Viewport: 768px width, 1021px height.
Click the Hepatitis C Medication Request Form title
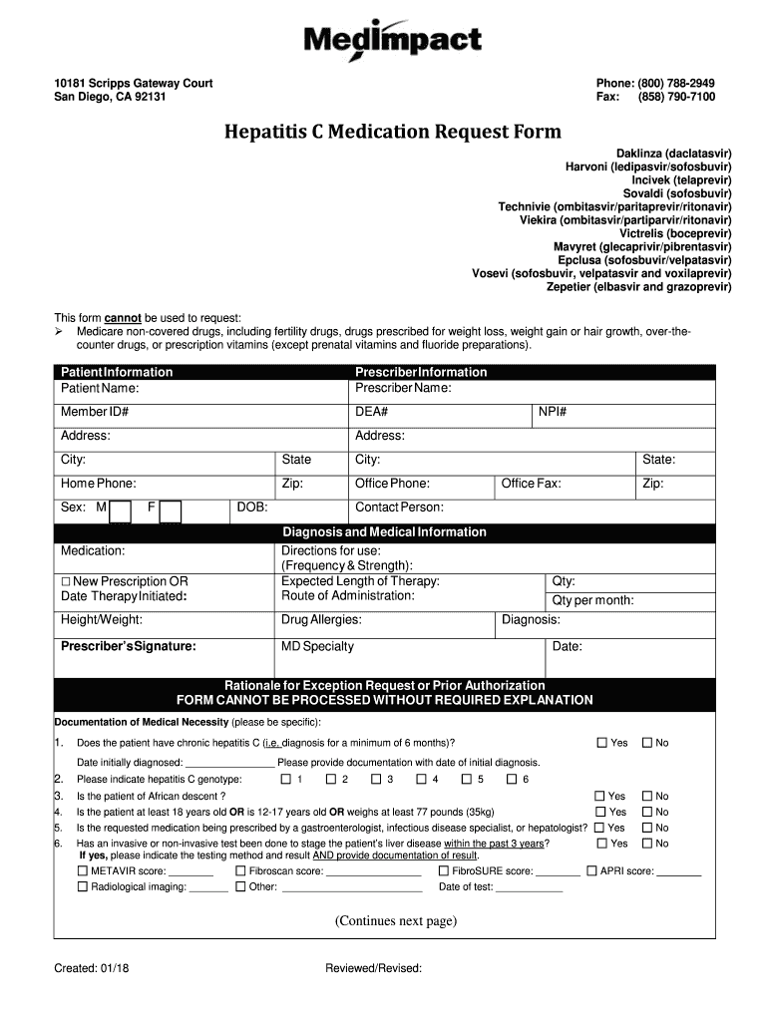point(392,132)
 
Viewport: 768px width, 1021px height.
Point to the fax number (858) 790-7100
point(677,97)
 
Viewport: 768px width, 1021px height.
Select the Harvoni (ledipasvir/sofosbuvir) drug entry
point(648,167)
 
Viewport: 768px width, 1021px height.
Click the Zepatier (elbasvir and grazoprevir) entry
point(638,287)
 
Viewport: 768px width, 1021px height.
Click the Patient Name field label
point(100,388)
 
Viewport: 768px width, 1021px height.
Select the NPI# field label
point(553,412)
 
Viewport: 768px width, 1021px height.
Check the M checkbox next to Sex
point(121,510)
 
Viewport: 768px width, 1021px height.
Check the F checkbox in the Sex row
point(171,510)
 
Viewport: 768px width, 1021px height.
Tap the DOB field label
point(252,508)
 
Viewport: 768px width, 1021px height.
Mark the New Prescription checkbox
point(66,582)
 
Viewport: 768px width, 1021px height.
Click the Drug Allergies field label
point(321,620)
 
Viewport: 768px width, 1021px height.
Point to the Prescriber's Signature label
point(129,646)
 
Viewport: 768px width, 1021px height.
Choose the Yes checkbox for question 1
point(601,743)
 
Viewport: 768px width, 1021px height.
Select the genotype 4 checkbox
point(422,779)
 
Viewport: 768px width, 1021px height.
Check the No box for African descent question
point(646,796)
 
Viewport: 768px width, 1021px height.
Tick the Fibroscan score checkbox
point(240,870)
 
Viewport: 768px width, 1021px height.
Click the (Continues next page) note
point(396,920)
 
